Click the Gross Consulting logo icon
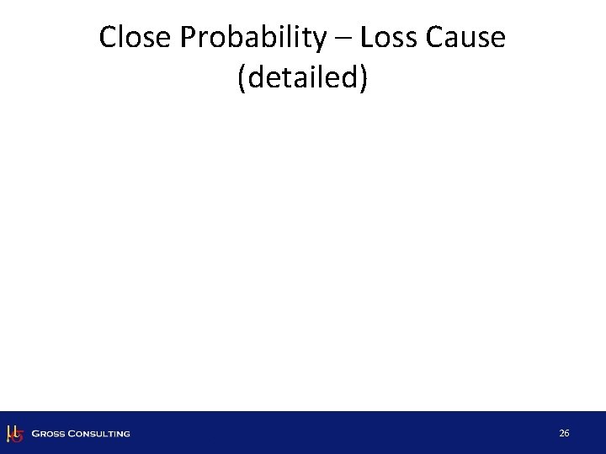(14, 433)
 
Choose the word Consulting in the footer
(100, 434)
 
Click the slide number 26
(564, 433)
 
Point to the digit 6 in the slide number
(567, 433)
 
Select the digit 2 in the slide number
(561, 433)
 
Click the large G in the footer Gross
(35, 434)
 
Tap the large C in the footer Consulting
(74, 434)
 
